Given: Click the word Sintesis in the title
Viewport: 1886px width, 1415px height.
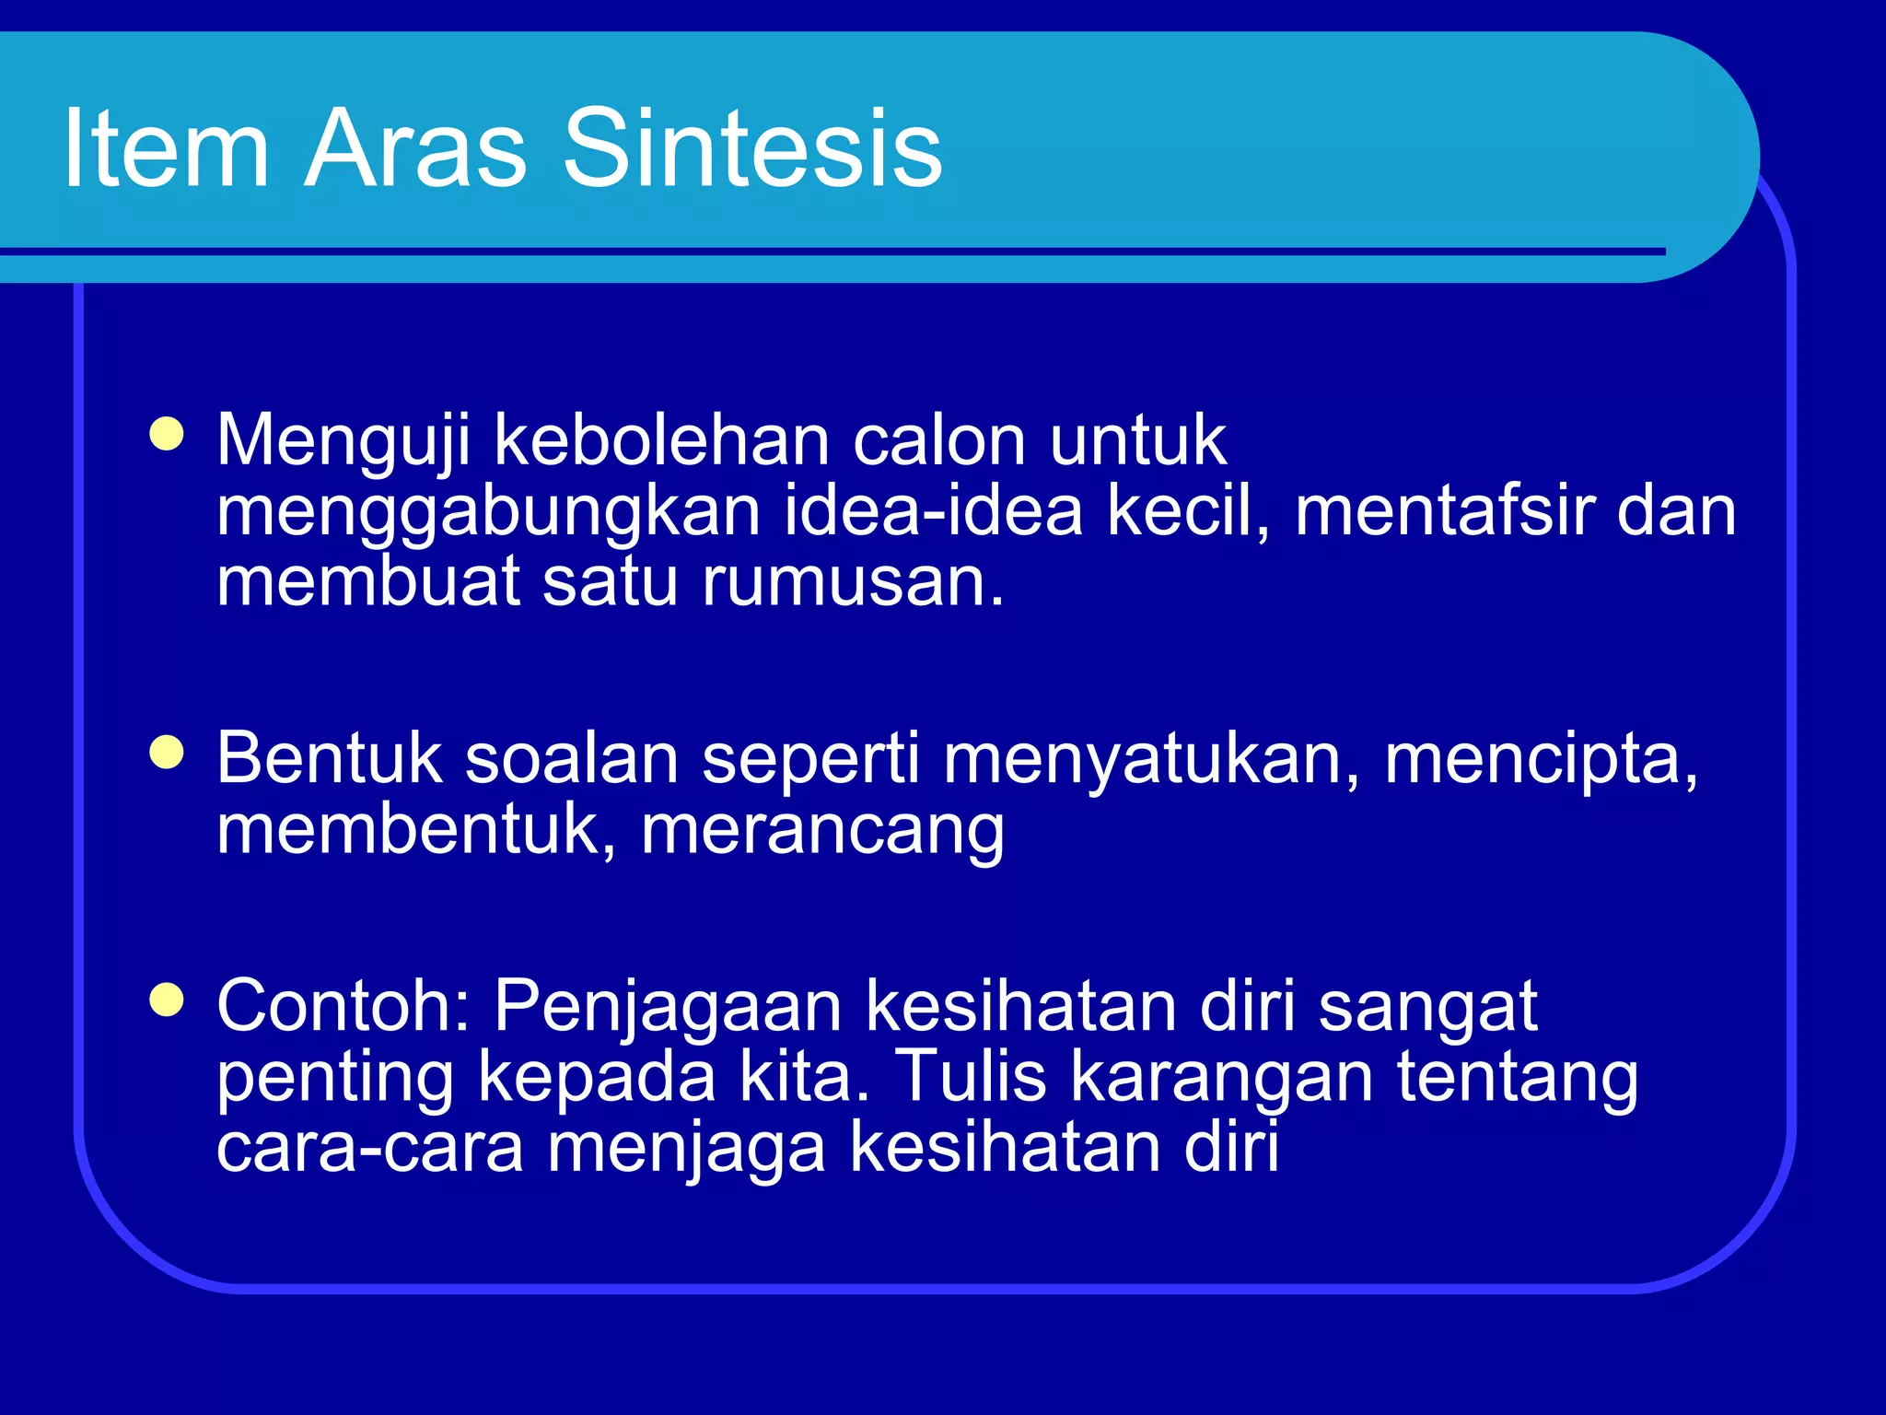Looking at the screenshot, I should pyautogui.click(x=752, y=147).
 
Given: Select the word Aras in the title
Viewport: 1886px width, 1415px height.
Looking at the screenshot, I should pyautogui.click(x=414, y=147).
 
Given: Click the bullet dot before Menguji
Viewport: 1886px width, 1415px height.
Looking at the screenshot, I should pyautogui.click(x=167, y=434).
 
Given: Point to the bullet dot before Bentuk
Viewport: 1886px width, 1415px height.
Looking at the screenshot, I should pyautogui.click(x=167, y=753).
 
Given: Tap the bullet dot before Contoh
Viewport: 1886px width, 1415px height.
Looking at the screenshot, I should pyautogui.click(x=167, y=1000).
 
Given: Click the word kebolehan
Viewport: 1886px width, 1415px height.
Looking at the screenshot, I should pyautogui.click(x=661, y=440).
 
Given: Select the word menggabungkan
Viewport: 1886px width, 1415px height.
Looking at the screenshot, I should pyautogui.click(x=488, y=511).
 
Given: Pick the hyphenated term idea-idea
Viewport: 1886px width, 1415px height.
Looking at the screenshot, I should pyautogui.click(x=933, y=511).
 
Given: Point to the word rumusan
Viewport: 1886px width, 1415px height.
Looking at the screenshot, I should pyautogui.click(x=852, y=582).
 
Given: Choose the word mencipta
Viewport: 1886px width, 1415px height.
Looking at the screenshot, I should pyautogui.click(x=1541, y=759).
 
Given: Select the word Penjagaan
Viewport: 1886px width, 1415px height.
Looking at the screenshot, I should pyautogui.click(x=668, y=1006).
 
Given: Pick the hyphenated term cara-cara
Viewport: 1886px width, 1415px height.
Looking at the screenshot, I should pyautogui.click(x=369, y=1148).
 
